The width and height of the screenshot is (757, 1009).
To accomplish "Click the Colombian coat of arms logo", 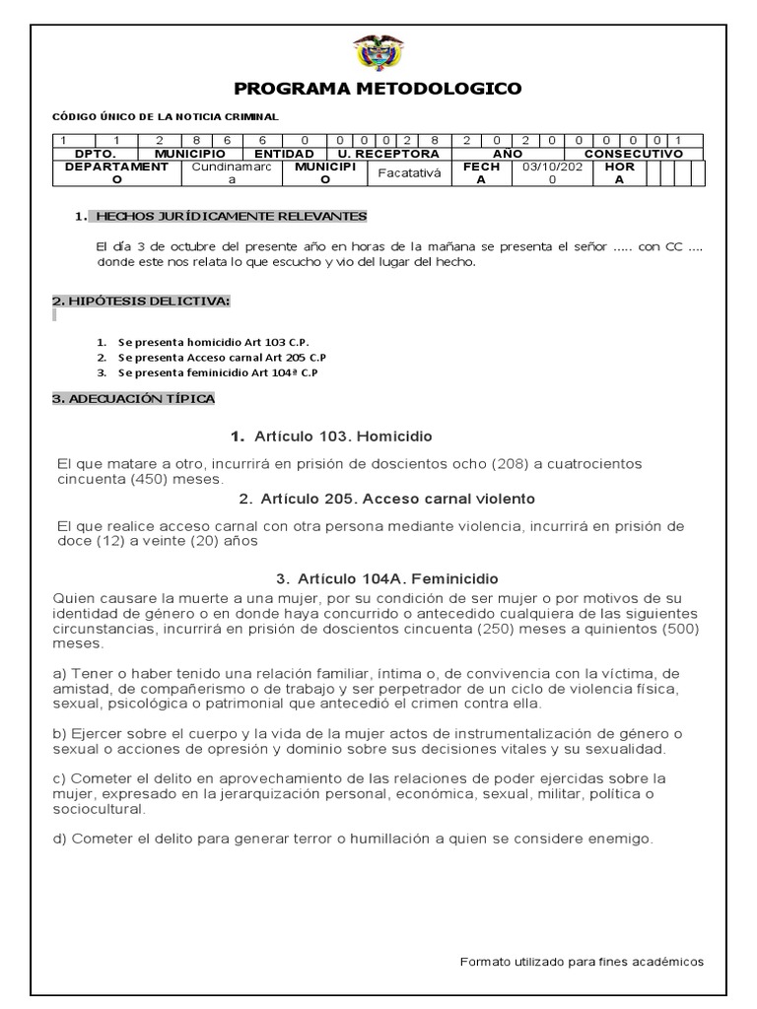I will click(378, 52).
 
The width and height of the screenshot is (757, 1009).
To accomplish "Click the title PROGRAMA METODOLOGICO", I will click(378, 90).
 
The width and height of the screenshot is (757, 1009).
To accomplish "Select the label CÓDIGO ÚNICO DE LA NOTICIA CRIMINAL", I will click(166, 116).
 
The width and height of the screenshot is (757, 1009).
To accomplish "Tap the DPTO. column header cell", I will click(95, 154).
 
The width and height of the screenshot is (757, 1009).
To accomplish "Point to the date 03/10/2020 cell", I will click(553, 173).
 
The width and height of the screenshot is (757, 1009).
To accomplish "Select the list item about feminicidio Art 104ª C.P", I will click(218, 373).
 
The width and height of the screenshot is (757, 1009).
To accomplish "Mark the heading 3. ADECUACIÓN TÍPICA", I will click(133, 398).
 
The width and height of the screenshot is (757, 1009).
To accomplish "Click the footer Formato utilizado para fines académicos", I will click(582, 963).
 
